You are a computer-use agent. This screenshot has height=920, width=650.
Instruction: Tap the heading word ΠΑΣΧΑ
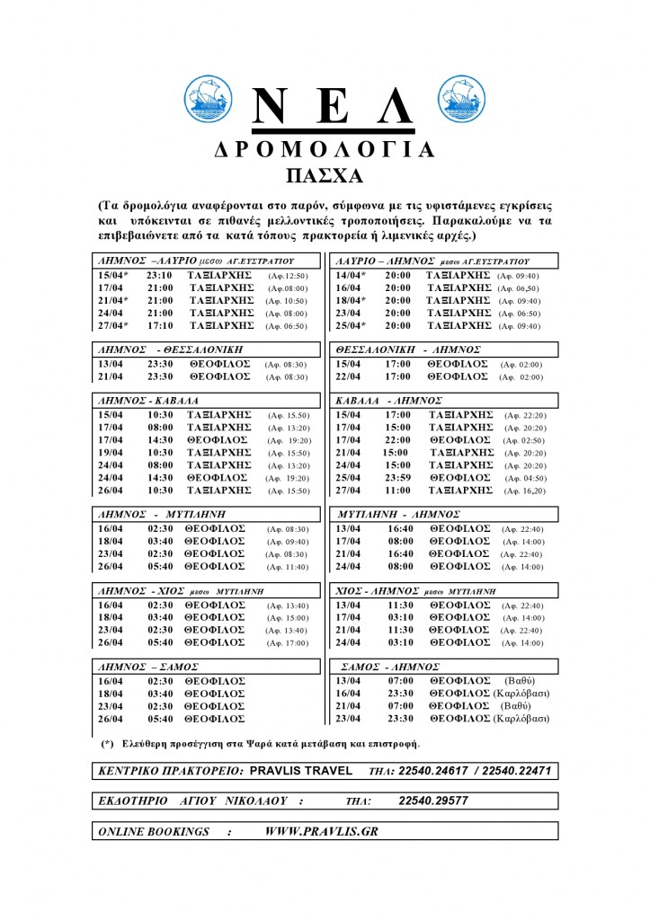(325, 174)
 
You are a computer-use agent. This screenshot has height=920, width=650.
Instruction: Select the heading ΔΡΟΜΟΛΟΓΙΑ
(325, 150)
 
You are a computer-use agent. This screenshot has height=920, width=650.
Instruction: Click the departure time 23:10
(159, 276)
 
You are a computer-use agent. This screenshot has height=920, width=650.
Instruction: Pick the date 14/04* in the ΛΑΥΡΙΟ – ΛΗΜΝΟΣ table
(351, 276)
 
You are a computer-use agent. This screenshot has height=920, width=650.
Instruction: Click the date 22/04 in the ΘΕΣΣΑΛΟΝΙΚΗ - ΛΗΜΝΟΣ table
(347, 377)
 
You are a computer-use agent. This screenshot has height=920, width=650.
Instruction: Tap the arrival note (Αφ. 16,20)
(525, 491)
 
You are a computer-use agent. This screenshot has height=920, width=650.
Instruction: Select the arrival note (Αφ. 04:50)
(525, 479)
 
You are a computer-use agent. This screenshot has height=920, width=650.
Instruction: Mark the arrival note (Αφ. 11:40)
(288, 567)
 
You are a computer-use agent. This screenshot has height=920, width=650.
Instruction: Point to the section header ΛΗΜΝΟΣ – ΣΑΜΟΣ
(147, 668)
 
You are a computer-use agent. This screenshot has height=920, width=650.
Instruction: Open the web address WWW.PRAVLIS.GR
(321, 831)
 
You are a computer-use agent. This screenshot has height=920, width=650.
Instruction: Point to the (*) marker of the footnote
(108, 745)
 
